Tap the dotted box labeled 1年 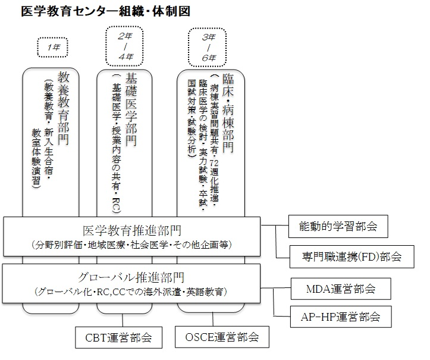[x=53, y=46]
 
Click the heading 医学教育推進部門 [x=131, y=231]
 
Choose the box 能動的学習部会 [x=338, y=227]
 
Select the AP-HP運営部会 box [x=341, y=315]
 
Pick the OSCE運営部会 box [x=222, y=337]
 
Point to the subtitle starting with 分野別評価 [x=131, y=245]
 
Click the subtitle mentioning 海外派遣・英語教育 [x=131, y=291]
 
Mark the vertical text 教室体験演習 [x=37, y=157]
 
